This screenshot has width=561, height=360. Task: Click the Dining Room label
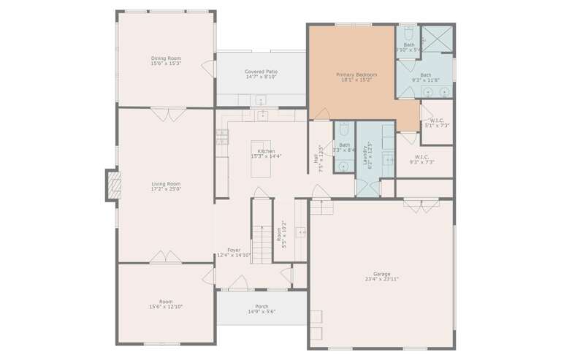click(166, 58)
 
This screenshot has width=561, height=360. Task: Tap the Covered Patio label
click(260, 72)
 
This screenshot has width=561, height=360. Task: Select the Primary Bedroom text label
click(356, 74)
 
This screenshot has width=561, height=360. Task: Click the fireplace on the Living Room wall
click(112, 185)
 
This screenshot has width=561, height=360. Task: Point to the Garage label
click(381, 274)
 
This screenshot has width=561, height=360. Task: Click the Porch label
click(261, 306)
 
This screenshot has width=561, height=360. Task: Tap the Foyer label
click(234, 250)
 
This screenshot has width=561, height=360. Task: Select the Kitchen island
click(261, 158)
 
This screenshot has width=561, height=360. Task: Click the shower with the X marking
click(438, 39)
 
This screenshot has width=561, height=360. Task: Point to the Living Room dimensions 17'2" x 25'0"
click(166, 189)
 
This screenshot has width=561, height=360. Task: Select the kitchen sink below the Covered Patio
click(260, 115)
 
